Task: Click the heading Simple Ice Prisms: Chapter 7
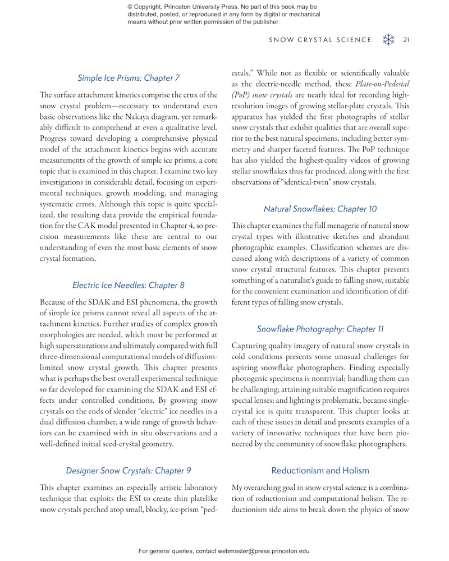tap(129, 78)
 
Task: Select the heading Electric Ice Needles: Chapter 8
tap(129, 285)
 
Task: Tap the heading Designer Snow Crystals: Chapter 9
tap(129, 471)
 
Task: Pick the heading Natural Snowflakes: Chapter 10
tap(320, 209)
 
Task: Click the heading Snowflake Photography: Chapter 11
tap(320, 329)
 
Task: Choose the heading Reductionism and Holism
tap(320, 471)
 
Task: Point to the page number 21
tap(406, 40)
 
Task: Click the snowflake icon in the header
tap(388, 40)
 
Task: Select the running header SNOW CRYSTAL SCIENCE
tap(320, 40)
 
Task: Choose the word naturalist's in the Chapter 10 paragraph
tap(303, 279)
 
